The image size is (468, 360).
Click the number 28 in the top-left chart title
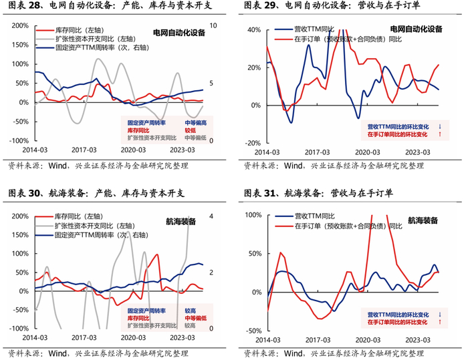(x=34, y=5)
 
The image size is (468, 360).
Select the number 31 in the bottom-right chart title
(x=269, y=193)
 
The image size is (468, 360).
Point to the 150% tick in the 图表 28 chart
(x=20, y=45)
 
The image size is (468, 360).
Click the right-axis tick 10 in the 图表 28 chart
(x=213, y=25)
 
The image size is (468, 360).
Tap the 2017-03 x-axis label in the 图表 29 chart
(x=317, y=152)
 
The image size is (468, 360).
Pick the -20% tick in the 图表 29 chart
(x=253, y=143)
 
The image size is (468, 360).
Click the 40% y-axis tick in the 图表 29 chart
(x=254, y=30)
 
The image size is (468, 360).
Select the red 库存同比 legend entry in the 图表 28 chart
(x=70, y=30)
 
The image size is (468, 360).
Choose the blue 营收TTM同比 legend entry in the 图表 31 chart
(x=305, y=216)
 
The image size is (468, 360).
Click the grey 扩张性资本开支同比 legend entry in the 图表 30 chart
(x=86, y=226)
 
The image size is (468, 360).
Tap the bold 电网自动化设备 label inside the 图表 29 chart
(x=416, y=29)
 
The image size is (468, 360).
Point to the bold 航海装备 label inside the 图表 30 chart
(x=181, y=221)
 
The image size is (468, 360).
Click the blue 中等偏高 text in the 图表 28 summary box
(x=195, y=123)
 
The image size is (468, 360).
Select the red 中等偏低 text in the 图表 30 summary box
(x=195, y=318)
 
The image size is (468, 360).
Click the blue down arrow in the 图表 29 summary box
(x=440, y=127)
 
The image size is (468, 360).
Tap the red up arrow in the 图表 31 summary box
(x=440, y=322)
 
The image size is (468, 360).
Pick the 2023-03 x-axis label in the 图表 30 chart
(x=183, y=338)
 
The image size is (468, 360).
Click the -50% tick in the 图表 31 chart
(x=253, y=331)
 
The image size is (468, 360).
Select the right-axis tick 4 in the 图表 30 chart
(x=211, y=216)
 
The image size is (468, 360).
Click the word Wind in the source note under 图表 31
(x=293, y=354)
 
